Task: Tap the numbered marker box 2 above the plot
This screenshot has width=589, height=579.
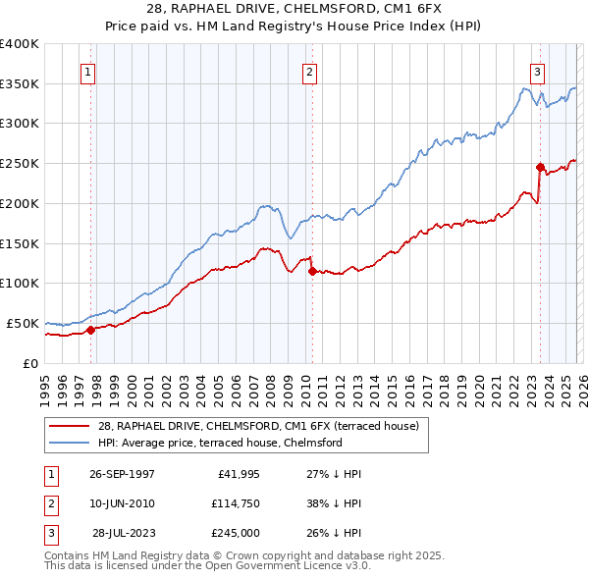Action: (x=309, y=71)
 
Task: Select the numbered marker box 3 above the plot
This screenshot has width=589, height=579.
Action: (x=538, y=71)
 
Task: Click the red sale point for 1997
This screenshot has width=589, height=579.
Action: (x=90, y=330)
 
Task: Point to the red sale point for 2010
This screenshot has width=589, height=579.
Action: (x=311, y=271)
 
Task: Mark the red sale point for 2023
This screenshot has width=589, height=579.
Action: (x=539, y=167)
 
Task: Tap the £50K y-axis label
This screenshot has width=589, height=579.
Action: (x=23, y=323)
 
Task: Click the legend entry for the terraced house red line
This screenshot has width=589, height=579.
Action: (x=258, y=426)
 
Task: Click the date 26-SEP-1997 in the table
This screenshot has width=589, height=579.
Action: (x=122, y=474)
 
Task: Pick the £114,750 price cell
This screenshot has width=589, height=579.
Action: (x=234, y=503)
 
